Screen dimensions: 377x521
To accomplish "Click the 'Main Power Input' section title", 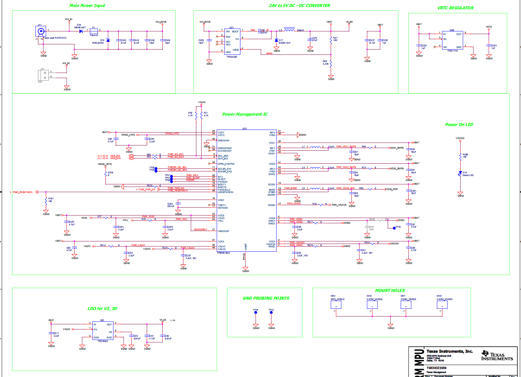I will click(87, 6).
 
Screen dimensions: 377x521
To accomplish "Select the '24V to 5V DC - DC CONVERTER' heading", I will click(299, 6).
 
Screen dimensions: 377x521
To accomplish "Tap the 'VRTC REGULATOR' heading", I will click(455, 8).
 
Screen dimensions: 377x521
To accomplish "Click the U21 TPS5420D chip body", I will click(232, 42).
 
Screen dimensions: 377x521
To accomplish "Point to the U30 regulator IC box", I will click(452, 40).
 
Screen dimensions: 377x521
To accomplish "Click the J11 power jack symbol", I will click(41, 31).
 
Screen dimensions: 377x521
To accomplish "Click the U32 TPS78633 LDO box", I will click(103, 331).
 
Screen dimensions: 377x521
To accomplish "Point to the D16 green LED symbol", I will click(460, 173).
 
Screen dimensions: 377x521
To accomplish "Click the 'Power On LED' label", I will click(459, 125).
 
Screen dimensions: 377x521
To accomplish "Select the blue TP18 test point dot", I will click(256, 313).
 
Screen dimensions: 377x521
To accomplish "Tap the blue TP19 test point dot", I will click(271, 313).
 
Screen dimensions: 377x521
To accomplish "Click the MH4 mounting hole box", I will click(336, 305).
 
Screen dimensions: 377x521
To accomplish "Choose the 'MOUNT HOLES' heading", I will click(390, 291).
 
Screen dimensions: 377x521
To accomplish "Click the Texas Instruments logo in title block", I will click(497, 356).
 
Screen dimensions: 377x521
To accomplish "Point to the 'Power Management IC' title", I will click(245, 114).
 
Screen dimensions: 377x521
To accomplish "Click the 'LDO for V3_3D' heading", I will click(102, 309).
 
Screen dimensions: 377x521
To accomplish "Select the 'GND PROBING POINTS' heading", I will click(266, 298).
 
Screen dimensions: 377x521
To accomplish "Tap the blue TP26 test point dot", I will click(394, 228).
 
